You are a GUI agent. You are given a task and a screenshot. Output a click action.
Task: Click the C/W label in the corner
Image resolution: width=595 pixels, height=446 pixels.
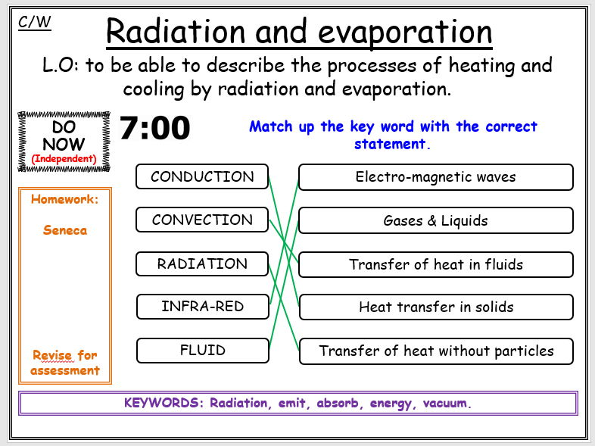click(34, 22)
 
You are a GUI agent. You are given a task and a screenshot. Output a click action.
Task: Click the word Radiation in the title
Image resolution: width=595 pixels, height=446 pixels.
click(174, 32)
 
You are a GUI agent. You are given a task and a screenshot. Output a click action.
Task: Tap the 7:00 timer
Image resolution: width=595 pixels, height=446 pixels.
click(154, 129)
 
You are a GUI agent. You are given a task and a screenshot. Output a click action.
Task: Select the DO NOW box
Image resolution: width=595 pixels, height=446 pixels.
click(64, 141)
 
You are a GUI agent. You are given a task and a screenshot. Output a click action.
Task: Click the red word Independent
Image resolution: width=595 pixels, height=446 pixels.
click(64, 159)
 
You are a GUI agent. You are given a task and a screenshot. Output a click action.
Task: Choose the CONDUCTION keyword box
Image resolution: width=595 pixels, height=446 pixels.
click(202, 177)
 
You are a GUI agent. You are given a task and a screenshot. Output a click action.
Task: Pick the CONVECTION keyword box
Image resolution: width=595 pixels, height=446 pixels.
click(202, 220)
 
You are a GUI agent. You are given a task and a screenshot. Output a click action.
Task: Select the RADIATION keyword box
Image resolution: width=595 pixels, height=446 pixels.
click(202, 264)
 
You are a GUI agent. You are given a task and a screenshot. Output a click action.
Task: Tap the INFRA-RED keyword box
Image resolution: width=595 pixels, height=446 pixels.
click(202, 307)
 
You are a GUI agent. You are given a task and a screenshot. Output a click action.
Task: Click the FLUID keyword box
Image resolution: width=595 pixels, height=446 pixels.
click(202, 351)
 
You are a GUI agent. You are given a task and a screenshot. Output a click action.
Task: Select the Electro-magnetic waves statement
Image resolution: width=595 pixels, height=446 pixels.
click(435, 177)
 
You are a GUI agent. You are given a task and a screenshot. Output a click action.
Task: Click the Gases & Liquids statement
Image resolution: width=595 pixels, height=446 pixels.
click(435, 221)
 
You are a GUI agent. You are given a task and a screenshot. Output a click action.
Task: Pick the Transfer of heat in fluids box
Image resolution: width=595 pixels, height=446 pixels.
click(435, 265)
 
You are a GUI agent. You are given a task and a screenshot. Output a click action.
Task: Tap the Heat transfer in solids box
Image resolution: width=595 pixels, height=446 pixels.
click(435, 307)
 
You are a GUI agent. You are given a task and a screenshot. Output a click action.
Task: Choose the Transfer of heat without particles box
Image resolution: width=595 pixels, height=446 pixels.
click(435, 351)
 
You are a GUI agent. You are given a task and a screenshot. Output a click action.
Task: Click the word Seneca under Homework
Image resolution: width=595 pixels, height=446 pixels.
click(65, 230)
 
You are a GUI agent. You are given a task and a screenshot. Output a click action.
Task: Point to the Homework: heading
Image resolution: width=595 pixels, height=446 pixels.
click(65, 200)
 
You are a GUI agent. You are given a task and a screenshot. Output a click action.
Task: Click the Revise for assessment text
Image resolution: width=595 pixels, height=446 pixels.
click(65, 363)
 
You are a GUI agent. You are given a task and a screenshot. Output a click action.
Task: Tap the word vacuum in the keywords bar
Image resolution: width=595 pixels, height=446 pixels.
click(447, 403)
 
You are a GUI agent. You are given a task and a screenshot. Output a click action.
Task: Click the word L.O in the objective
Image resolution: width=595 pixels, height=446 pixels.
click(60, 65)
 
